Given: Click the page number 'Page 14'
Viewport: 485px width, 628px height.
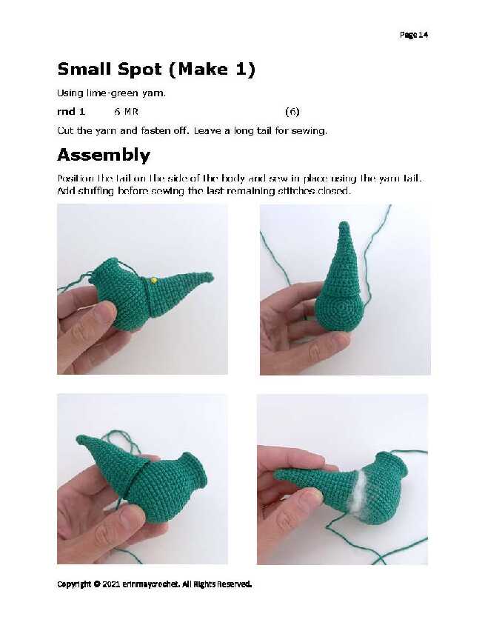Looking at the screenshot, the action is (x=414, y=35).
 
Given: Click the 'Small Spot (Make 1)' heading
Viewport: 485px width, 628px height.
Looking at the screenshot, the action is (x=156, y=69).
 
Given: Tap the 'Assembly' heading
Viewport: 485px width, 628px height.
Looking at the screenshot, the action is (x=104, y=156).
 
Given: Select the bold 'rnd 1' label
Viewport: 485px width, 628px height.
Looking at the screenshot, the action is (x=71, y=112).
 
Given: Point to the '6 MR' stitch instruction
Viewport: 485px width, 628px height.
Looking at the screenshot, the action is (x=126, y=112).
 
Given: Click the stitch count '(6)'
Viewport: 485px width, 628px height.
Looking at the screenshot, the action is (x=292, y=112).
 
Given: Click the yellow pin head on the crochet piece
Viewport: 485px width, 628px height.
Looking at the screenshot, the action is (x=153, y=281).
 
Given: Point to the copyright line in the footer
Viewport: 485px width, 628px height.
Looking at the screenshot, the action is (x=155, y=584).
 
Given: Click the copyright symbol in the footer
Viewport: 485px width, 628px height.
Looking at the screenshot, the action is (x=97, y=584).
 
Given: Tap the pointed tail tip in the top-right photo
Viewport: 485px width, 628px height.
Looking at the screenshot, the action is (x=344, y=225).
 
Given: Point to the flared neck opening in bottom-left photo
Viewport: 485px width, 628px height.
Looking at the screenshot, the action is (x=196, y=470).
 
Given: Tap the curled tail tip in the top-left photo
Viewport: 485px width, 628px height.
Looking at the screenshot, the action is (x=208, y=276).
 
